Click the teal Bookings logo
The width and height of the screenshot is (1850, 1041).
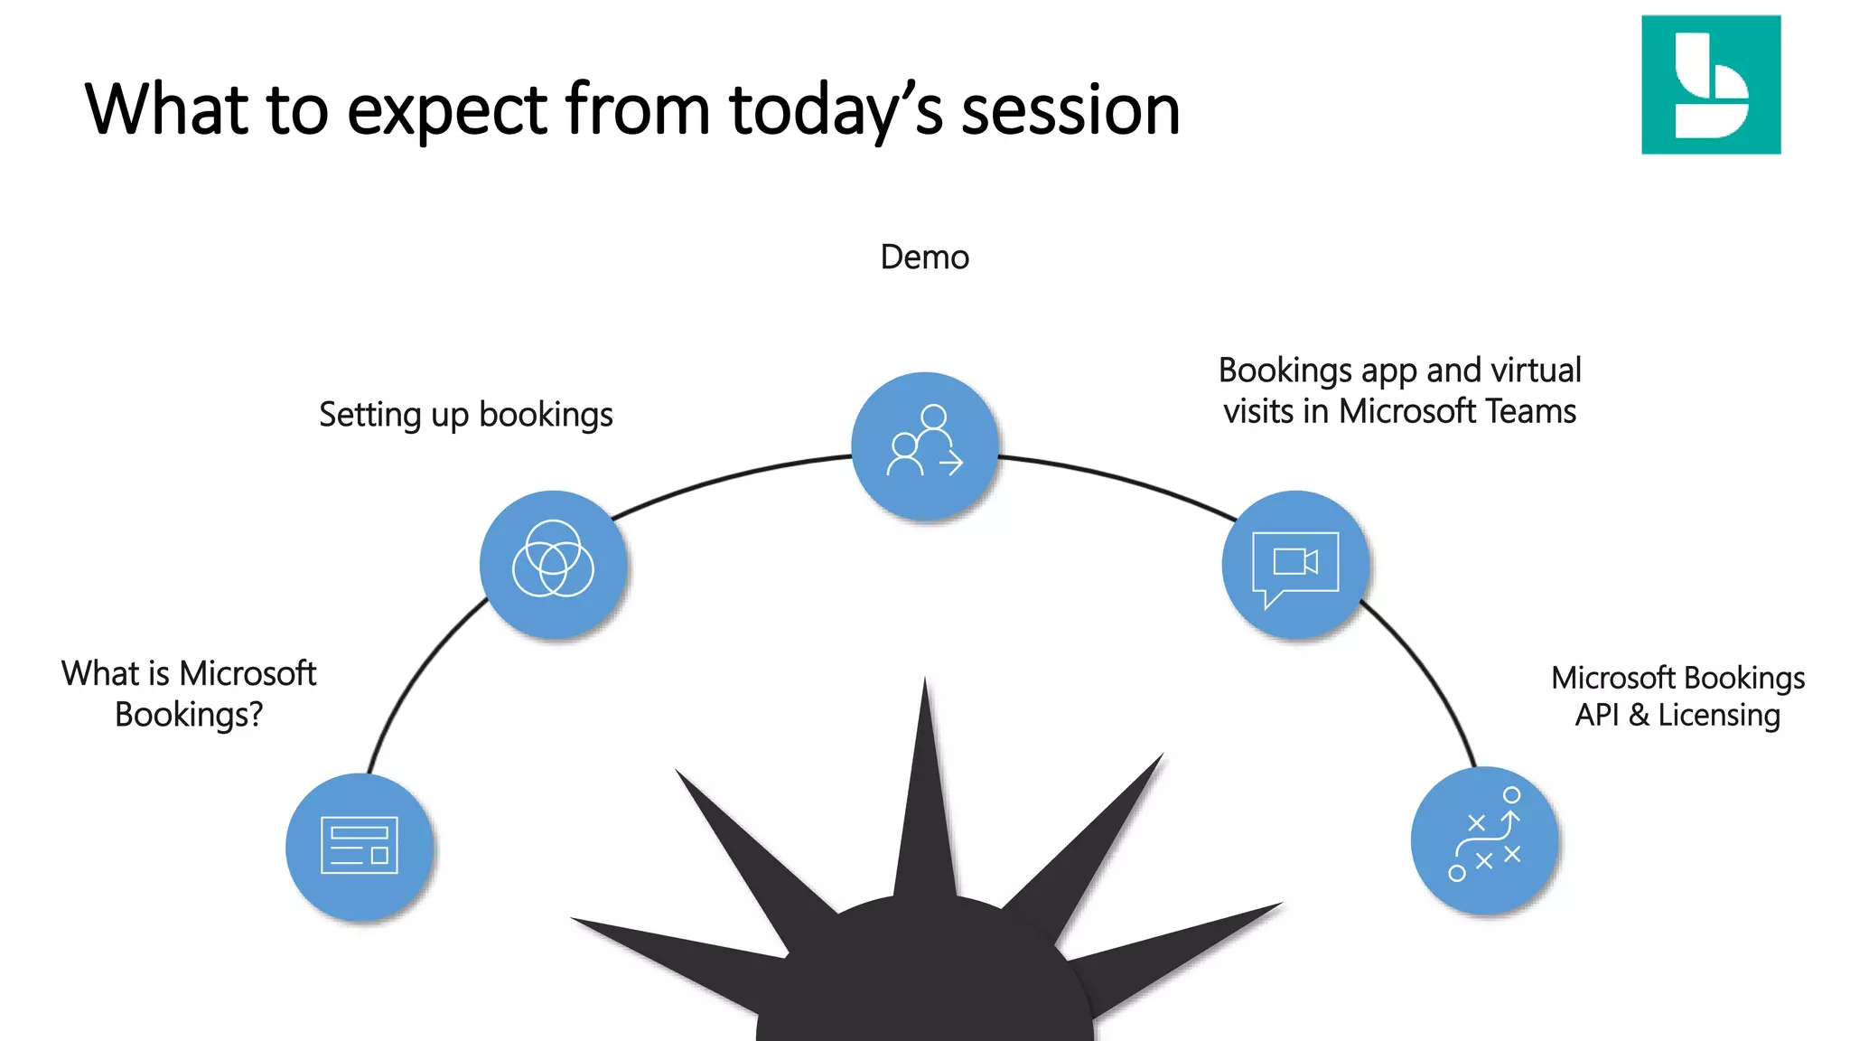(x=1711, y=84)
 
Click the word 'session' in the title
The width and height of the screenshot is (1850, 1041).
(x=1070, y=110)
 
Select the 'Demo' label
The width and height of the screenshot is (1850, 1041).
(x=924, y=258)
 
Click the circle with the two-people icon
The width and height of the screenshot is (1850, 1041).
(x=925, y=445)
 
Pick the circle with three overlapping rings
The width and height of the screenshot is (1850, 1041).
(x=553, y=564)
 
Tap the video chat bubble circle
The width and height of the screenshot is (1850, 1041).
(x=1295, y=564)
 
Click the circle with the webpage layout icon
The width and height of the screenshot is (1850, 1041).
(x=360, y=847)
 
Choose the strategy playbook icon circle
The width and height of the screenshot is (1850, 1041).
(x=1484, y=840)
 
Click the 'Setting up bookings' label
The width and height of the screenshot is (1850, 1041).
(x=465, y=415)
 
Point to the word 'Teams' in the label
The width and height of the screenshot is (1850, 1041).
(x=1531, y=411)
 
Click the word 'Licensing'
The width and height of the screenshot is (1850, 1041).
(x=1719, y=715)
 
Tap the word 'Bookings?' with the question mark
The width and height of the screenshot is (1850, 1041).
(x=189, y=715)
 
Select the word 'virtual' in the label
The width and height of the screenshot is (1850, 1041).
(x=1536, y=370)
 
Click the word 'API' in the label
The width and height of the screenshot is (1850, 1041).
(x=1597, y=715)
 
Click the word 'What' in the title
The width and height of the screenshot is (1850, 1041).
(x=166, y=110)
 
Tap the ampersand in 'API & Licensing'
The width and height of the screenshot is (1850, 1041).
(x=1639, y=715)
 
